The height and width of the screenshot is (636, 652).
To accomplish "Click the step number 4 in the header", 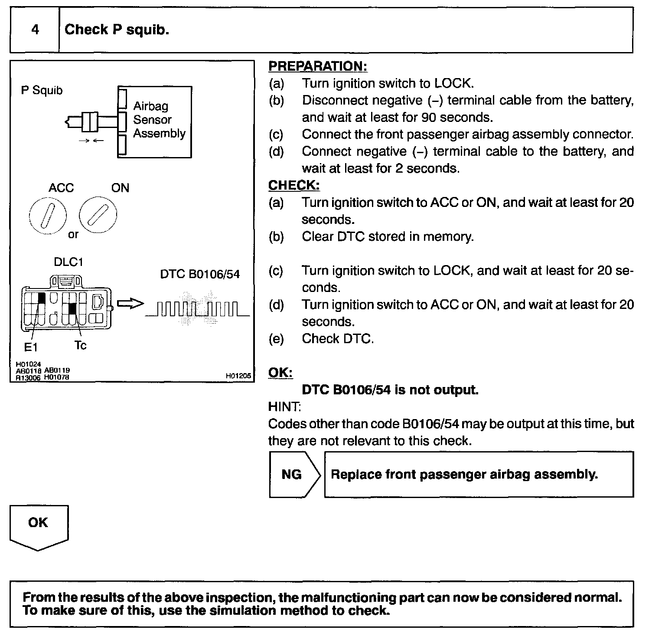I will click(x=35, y=30).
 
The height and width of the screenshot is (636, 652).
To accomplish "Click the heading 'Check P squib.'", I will click(x=117, y=30).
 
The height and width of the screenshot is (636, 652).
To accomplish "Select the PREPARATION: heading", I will click(x=318, y=66).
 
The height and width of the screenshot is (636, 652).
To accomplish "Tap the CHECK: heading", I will click(x=294, y=185).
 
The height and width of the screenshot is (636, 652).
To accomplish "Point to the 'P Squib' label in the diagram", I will click(x=42, y=90).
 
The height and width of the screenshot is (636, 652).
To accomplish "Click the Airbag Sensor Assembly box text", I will click(x=159, y=120).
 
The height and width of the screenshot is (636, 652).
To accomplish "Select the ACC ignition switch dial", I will click(x=48, y=216).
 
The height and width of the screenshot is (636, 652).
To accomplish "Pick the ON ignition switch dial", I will click(x=98, y=214).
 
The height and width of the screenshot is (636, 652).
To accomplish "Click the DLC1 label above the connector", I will click(x=68, y=262).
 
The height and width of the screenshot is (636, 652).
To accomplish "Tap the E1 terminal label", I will click(x=31, y=347).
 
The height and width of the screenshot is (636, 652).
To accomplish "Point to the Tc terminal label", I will click(x=80, y=345).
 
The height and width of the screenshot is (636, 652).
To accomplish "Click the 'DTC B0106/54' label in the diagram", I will click(x=200, y=274).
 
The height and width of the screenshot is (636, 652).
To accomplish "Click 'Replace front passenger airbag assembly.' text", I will click(x=464, y=474).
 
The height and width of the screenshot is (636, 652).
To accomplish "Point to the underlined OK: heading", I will click(x=280, y=373).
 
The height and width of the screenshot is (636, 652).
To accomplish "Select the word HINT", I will click(x=284, y=407).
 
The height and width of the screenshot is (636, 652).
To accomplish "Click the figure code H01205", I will click(x=238, y=376).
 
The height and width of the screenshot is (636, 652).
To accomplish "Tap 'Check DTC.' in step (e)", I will click(x=338, y=338).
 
